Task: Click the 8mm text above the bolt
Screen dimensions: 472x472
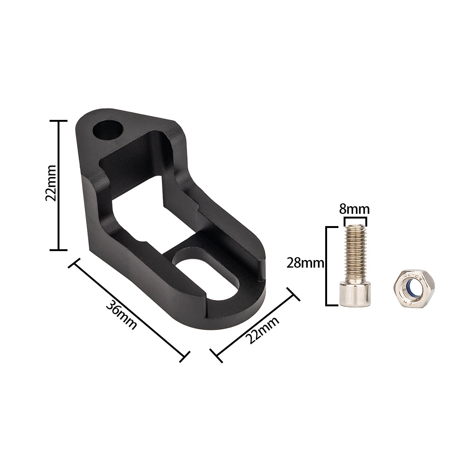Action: (x=354, y=209)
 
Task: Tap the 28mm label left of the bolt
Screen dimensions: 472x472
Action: (x=305, y=263)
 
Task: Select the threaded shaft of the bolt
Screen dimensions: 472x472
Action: (x=354, y=255)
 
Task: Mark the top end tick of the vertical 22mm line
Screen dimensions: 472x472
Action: (x=59, y=121)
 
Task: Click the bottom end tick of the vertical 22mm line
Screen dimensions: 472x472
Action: (x=59, y=250)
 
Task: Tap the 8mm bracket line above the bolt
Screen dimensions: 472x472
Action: (x=355, y=219)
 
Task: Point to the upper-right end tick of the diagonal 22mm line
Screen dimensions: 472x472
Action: (x=294, y=292)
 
